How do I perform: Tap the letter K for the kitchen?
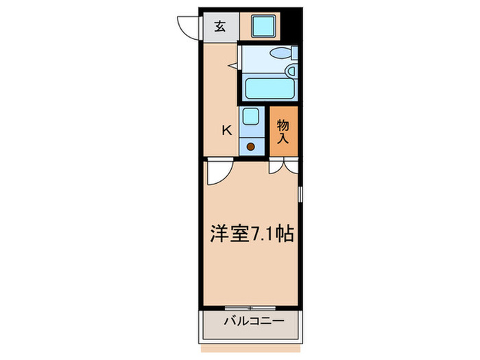pyautogui.click(x=226, y=130)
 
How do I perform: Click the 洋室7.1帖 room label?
pyautogui.click(x=252, y=235)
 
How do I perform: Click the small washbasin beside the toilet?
pyautogui.click(x=291, y=69)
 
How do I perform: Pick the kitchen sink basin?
pyautogui.click(x=250, y=117)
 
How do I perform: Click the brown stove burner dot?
pyautogui.click(x=250, y=145)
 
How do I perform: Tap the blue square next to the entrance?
pyautogui.click(x=262, y=26)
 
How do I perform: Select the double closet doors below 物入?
pyautogui.click(x=284, y=165)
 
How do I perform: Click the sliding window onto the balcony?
pyautogui.click(x=251, y=307)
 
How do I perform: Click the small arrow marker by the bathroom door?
pyautogui.click(x=233, y=66)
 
